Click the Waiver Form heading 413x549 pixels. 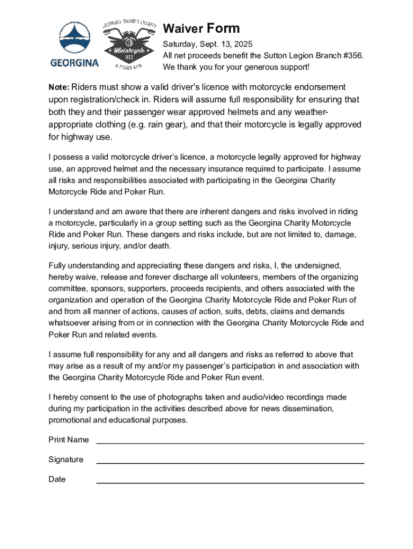coord(201,28)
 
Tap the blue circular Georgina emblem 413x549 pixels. coord(75,38)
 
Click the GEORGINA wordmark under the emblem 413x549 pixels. coord(75,63)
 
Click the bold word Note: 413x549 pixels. coord(59,87)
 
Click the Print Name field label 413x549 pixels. coord(69,440)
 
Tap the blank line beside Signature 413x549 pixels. coord(230,463)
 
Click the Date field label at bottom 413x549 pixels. coord(57,480)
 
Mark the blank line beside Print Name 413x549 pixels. coord(230,443)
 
